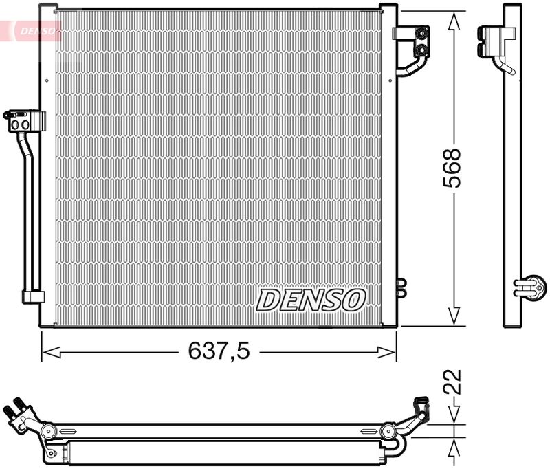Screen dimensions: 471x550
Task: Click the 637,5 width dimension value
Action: pos(219,352)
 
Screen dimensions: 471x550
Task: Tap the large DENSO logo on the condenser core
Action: pos(311,299)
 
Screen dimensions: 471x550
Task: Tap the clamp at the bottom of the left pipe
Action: pos(32,296)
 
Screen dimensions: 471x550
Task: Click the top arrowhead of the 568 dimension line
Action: pos(453,22)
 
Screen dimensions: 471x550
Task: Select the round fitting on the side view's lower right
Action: pos(532,285)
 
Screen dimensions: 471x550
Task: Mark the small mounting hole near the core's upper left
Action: pos(47,80)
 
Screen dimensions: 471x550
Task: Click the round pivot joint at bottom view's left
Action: pos(47,431)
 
